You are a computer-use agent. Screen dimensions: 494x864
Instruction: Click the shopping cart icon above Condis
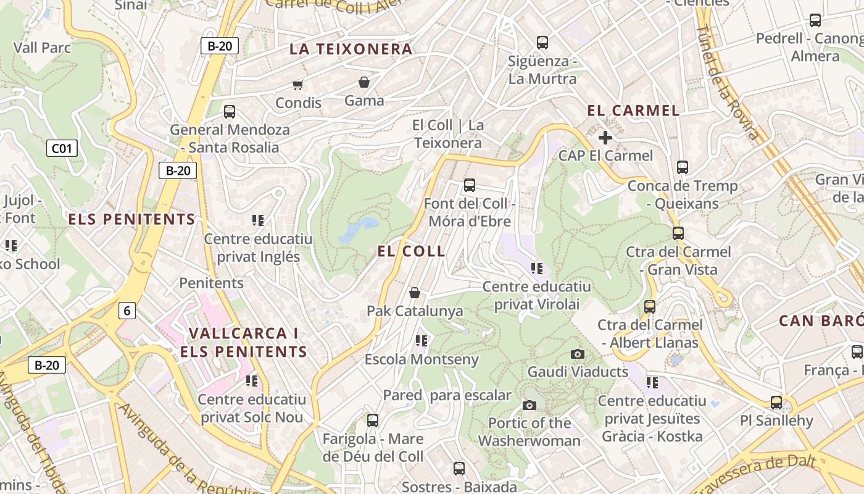pos(298,84)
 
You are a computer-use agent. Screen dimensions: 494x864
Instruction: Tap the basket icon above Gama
pos(364,82)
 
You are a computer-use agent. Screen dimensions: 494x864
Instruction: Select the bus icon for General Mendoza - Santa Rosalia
pos(230,112)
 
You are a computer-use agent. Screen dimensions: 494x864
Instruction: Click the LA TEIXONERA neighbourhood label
pos(351,49)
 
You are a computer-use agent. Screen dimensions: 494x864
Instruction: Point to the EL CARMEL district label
pos(633,111)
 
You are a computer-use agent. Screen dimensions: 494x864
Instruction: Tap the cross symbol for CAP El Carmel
pos(605,137)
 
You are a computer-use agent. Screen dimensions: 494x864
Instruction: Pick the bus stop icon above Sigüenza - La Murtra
pos(542,43)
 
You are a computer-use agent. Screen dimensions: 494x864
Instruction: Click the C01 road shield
pos(62,148)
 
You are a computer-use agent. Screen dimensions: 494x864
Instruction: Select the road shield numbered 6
pos(127,310)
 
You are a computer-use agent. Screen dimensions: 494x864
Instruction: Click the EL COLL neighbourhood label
pos(411,251)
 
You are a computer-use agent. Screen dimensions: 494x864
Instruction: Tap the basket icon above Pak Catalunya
pos(415,293)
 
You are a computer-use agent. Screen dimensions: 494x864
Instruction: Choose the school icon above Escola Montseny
pos(422,340)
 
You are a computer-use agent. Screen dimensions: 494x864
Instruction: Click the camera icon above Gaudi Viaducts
pos(578,354)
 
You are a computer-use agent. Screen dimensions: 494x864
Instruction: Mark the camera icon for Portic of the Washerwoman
pos(529,405)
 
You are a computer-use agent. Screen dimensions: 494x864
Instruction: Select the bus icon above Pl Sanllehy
pos(776,403)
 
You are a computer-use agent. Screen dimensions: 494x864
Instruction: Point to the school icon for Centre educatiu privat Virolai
pos(537,268)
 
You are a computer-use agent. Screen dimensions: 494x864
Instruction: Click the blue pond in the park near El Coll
pos(357,228)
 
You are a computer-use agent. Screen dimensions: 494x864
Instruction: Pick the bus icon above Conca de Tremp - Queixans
pos(683,167)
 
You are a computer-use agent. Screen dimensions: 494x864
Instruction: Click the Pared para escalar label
pos(447,395)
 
